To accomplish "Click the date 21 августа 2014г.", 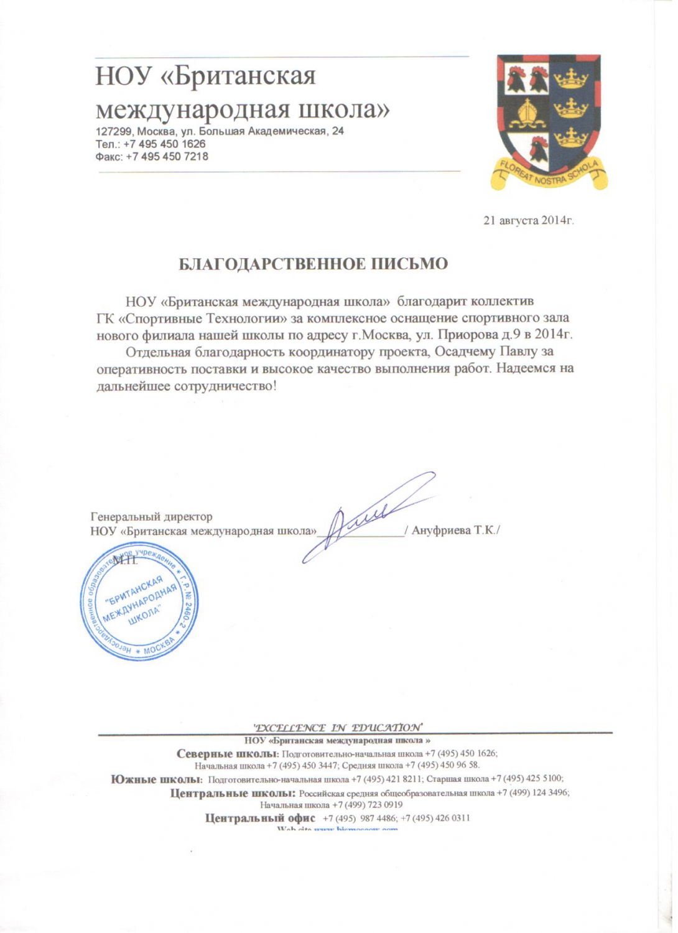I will pyautogui.click(x=528, y=220).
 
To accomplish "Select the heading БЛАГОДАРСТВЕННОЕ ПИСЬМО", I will pyautogui.click(x=313, y=264).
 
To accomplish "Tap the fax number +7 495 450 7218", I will pyautogui.click(x=167, y=157).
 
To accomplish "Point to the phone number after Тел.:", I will pyautogui.click(x=164, y=144).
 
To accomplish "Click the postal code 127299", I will pyautogui.click(x=114, y=131).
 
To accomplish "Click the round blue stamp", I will pyautogui.click(x=139, y=601).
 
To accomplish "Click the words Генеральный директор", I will pyautogui.click(x=151, y=517).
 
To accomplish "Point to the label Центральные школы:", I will pyautogui.click(x=232, y=793).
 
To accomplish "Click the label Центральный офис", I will pyautogui.click(x=260, y=818).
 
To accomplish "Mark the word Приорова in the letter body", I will pyautogui.click(x=464, y=335).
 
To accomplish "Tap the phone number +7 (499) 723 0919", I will pyautogui.click(x=367, y=805).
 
